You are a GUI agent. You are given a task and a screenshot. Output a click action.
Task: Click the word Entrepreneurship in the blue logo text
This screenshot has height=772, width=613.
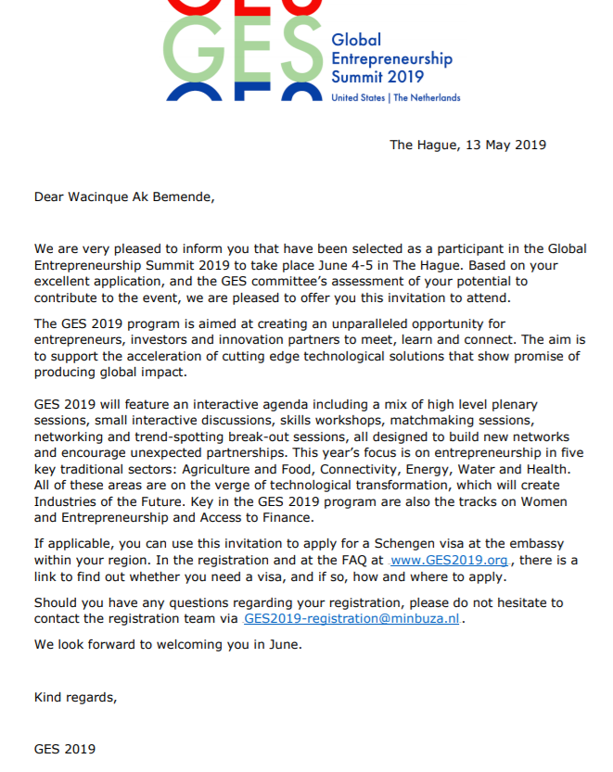(x=391, y=58)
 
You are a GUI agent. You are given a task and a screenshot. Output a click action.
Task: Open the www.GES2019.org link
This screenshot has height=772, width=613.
(x=450, y=561)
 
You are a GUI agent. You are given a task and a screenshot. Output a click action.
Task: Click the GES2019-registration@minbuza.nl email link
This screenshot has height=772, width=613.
(x=351, y=618)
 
